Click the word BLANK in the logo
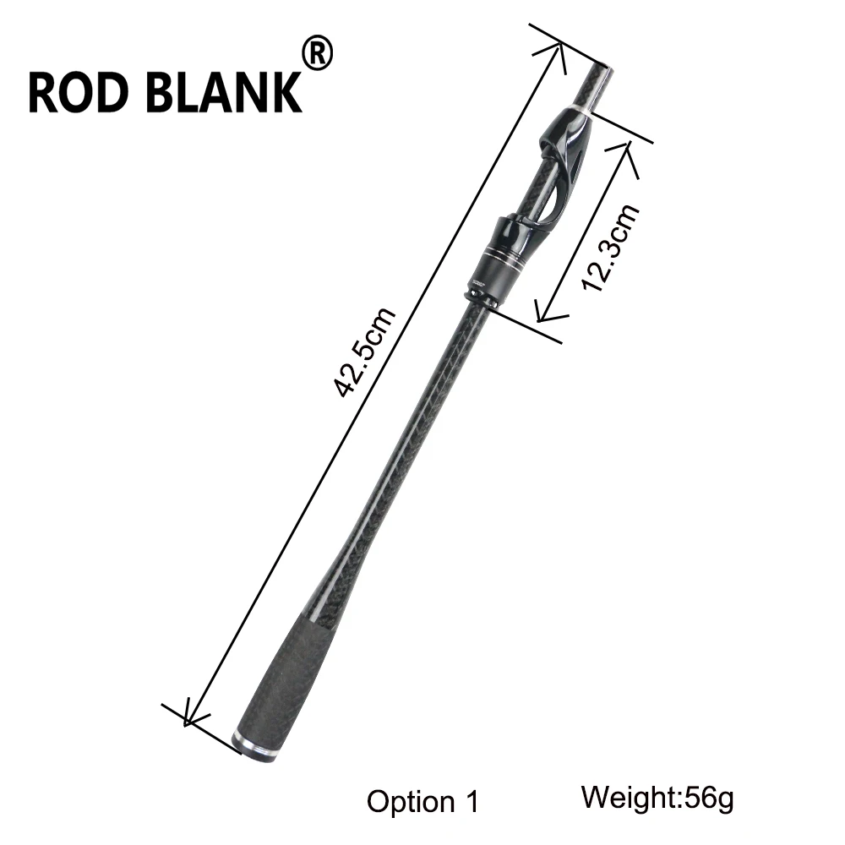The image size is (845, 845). coord(224,92)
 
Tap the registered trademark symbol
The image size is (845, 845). coord(318,52)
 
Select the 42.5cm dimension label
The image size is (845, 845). coord(364,352)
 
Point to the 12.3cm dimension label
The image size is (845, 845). coord(610,248)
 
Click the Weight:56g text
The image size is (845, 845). coord(657,798)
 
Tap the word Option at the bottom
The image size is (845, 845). coord(411,802)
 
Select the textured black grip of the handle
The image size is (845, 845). coord(288,685)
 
